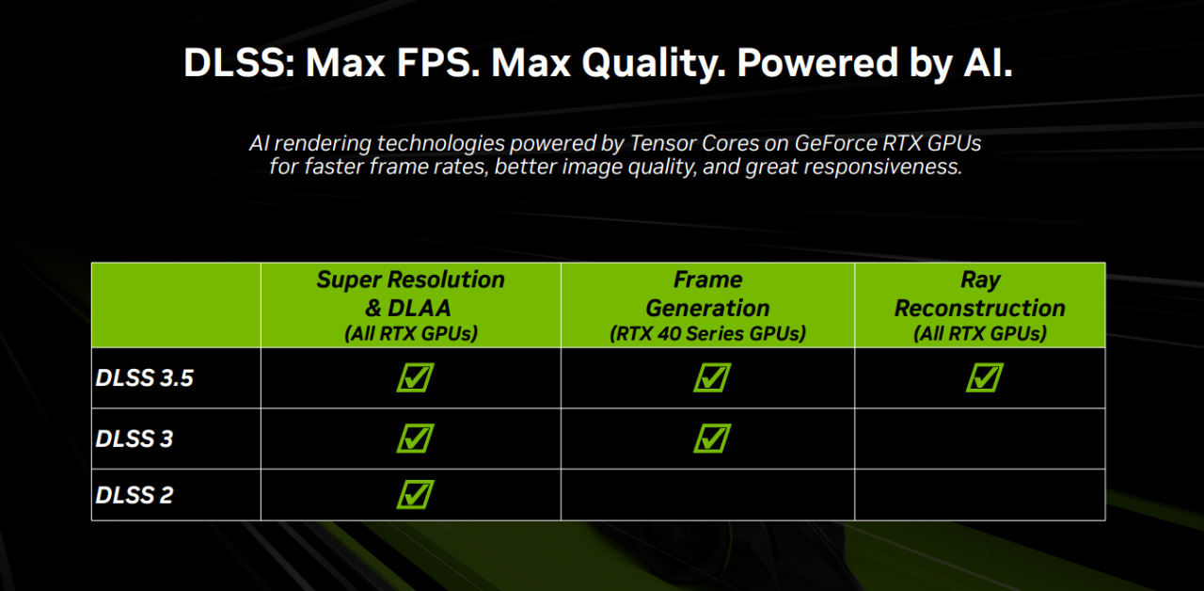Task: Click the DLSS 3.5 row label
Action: [144, 378]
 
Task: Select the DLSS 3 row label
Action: [135, 439]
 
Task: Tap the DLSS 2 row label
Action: [135, 495]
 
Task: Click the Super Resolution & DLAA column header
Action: [411, 306]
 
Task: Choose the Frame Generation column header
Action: [708, 306]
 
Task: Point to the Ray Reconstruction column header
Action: [980, 306]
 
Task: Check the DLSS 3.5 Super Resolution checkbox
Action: [416, 377]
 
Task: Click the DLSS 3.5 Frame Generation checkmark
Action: [712, 377]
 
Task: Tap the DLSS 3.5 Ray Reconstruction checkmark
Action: [985, 377]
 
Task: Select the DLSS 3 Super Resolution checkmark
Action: [416, 439]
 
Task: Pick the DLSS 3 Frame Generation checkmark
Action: [712, 439]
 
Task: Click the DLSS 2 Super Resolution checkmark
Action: [416, 494]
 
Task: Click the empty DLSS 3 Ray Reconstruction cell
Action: [980, 439]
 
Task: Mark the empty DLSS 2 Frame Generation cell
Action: [708, 495]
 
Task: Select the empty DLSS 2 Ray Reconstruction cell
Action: [980, 495]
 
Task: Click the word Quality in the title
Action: [654, 64]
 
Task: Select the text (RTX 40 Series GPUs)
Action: [708, 333]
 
